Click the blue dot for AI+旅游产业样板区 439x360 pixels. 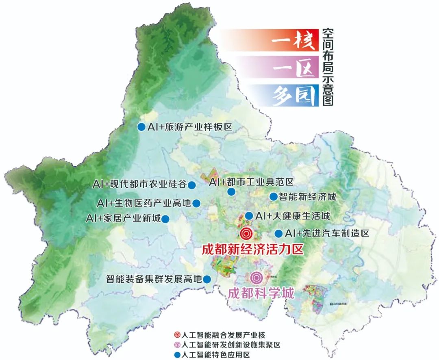click(x=141, y=127)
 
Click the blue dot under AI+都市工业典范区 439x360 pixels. click(x=231, y=192)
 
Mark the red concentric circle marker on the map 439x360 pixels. click(x=246, y=234)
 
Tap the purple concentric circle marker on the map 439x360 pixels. click(x=256, y=278)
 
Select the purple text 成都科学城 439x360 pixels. click(x=261, y=293)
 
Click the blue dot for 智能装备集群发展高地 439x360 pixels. click(x=206, y=279)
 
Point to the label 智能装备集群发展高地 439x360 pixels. click(x=153, y=279)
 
